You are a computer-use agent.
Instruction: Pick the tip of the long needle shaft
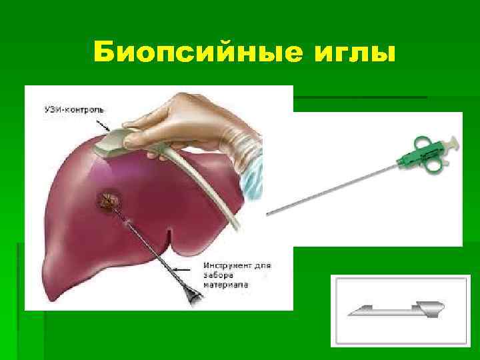click(x=269, y=214)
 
